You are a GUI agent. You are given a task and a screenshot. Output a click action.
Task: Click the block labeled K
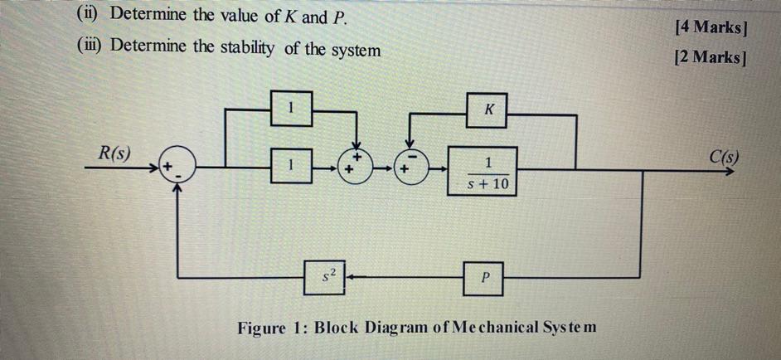tap(487, 110)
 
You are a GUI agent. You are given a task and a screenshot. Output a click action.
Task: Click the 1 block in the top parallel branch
tap(291, 108)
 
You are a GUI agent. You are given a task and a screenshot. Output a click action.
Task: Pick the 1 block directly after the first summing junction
tap(291, 168)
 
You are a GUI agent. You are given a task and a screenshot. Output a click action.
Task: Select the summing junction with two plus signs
tap(356, 168)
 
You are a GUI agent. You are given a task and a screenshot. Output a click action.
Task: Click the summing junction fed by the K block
tap(412, 168)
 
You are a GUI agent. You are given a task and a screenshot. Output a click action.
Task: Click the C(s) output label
tap(725, 156)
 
